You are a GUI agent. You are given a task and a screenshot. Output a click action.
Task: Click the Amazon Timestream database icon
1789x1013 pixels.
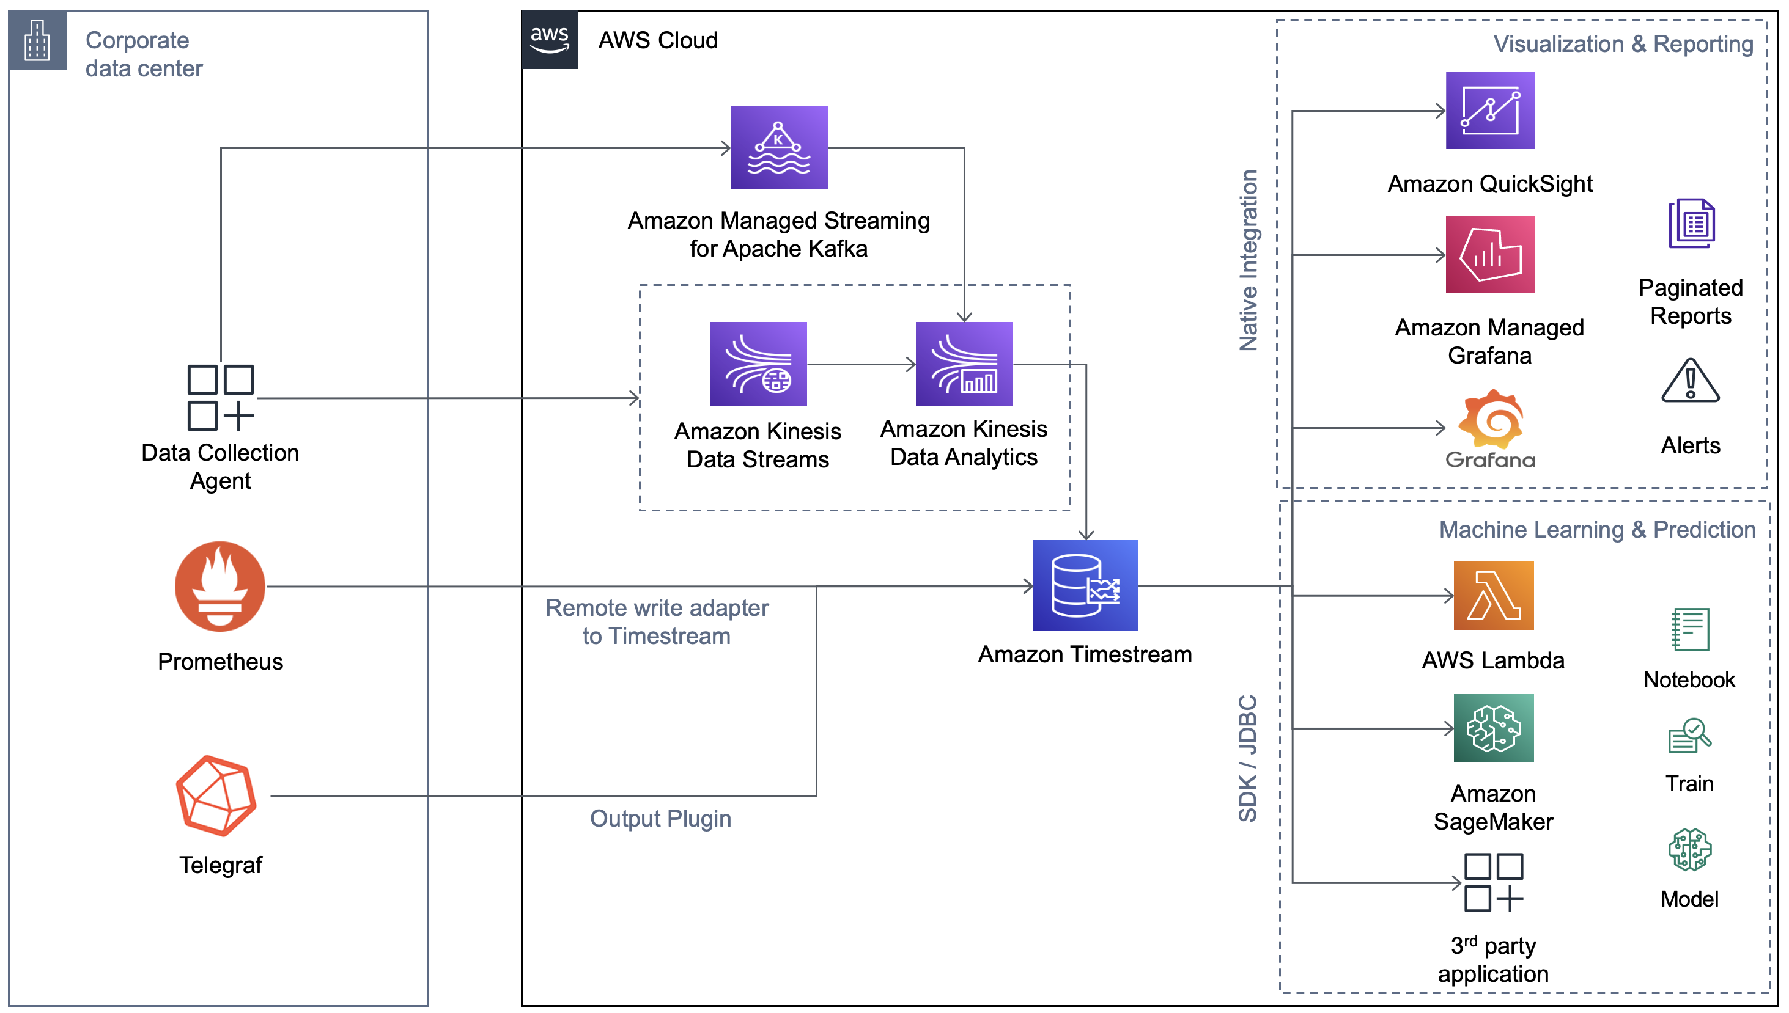click(1085, 585)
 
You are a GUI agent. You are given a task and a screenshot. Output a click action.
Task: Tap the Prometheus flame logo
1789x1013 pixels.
click(219, 586)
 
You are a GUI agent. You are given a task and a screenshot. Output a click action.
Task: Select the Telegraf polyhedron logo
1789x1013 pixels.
click(216, 795)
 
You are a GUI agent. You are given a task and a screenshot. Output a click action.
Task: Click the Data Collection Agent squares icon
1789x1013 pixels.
click(219, 397)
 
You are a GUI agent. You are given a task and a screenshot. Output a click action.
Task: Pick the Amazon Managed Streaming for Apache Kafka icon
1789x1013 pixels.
click(778, 147)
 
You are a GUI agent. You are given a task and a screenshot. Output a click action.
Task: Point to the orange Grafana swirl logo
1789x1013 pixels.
click(1491, 420)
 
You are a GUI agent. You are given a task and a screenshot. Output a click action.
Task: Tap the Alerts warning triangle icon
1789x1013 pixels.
click(1689, 381)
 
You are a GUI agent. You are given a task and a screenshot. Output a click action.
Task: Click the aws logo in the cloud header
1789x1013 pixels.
click(548, 40)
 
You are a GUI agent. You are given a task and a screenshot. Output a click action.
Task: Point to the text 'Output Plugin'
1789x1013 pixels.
click(660, 818)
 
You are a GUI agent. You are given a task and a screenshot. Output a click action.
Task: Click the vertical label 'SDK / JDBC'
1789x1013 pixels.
click(1247, 758)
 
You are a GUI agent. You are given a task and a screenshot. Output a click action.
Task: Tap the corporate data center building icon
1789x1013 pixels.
click(37, 40)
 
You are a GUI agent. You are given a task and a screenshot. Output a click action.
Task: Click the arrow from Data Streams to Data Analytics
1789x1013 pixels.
click(860, 364)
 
